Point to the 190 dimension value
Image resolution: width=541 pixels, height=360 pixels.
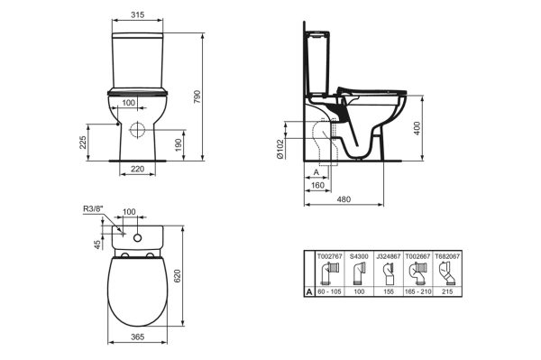pyautogui.click(x=180, y=144)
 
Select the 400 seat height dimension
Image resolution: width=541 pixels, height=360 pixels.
pyautogui.click(x=417, y=129)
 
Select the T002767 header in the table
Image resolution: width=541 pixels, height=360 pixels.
pyautogui.click(x=328, y=256)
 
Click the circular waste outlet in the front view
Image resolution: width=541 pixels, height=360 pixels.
pyautogui.click(x=139, y=128)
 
